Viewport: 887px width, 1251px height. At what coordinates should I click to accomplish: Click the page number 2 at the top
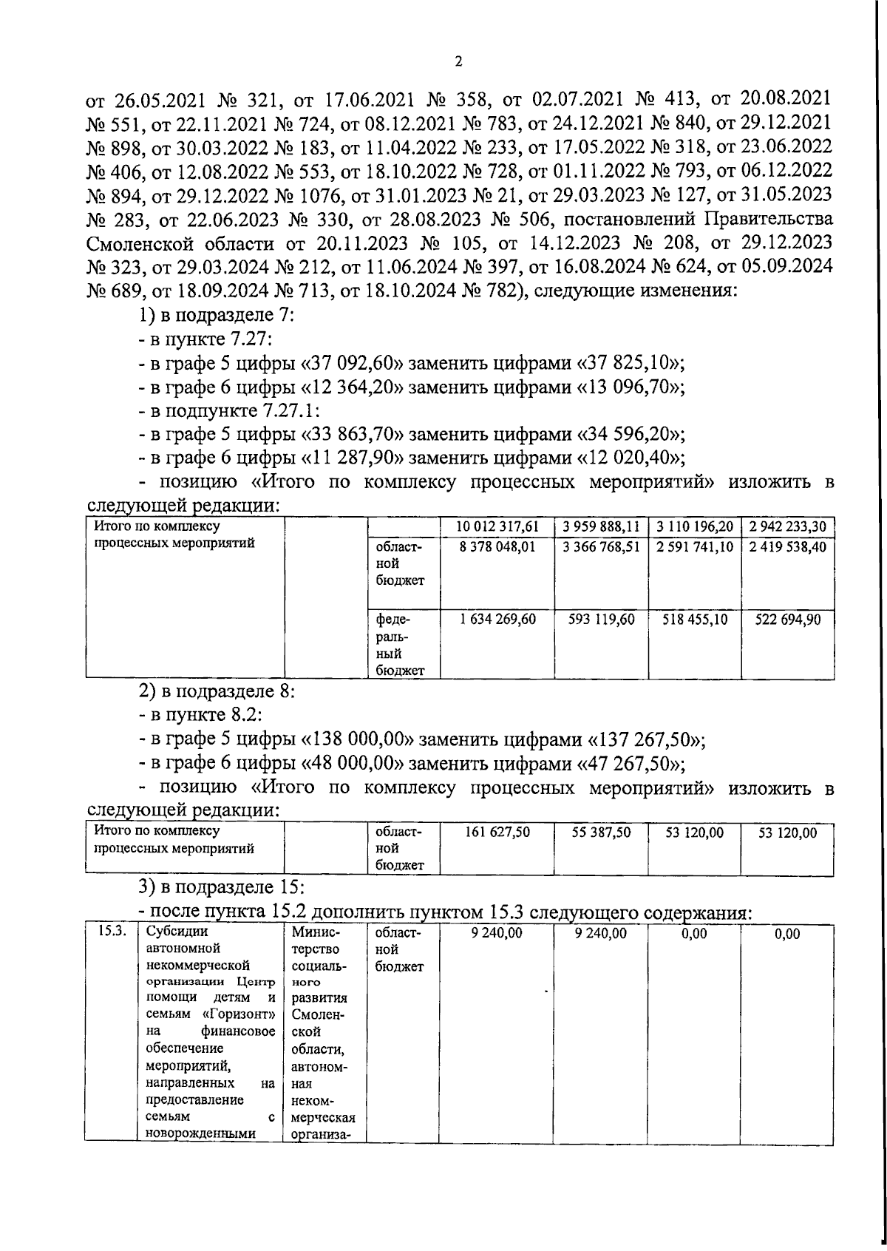pos(458,62)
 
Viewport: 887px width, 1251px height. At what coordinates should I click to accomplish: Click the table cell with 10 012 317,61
pos(496,526)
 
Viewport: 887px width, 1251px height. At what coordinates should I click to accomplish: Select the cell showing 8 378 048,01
pos(496,547)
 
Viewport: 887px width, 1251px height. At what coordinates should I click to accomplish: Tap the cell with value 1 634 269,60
pos(496,620)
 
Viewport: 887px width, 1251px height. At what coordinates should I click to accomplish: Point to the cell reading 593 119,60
pos(601,620)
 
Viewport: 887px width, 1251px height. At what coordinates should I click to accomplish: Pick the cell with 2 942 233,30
pos(787,526)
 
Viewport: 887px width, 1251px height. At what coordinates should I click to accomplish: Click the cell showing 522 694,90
pos(787,620)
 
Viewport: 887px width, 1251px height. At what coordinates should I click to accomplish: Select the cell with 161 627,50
pos(497,833)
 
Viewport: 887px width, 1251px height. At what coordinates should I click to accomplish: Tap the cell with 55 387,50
pos(601,833)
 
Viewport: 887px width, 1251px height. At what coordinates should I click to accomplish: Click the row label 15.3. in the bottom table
pos(110,933)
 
